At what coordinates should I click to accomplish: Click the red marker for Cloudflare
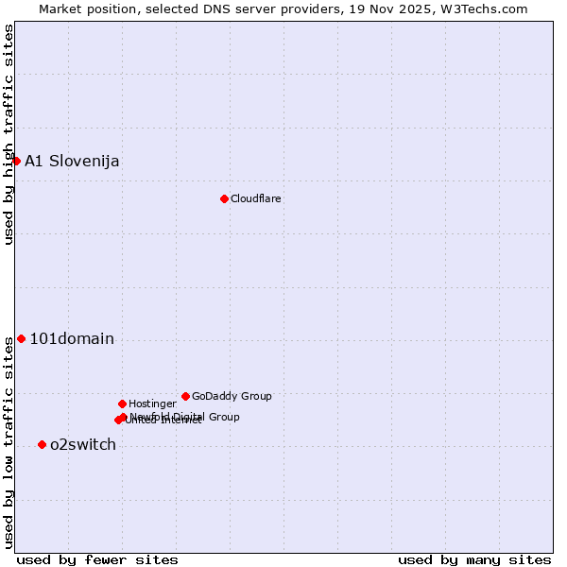[224, 198]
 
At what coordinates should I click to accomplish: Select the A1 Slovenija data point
[16, 161]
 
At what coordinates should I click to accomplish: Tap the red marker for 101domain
[21, 338]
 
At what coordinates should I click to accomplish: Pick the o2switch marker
[42, 444]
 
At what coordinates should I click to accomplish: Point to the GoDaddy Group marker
[185, 396]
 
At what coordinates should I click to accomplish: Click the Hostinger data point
[122, 404]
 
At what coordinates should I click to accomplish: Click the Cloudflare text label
[256, 198]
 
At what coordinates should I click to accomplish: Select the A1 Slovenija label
[72, 161]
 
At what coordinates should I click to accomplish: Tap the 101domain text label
[72, 338]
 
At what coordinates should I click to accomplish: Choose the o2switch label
[83, 444]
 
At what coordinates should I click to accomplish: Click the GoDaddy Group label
[232, 396]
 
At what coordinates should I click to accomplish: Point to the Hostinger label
[152, 404]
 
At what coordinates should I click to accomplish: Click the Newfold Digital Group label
[185, 417]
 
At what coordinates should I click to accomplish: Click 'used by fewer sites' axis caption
[97, 559]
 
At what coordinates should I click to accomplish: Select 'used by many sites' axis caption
[474, 559]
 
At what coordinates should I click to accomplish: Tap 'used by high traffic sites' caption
[9, 134]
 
